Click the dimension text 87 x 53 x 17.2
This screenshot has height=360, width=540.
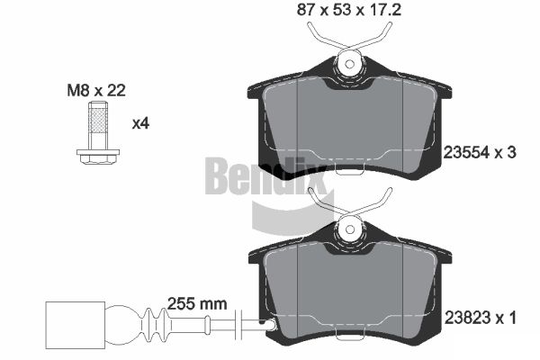(349, 10)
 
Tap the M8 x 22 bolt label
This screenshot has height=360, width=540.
(96, 91)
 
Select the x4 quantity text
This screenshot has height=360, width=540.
(141, 123)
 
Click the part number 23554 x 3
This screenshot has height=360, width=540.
(480, 152)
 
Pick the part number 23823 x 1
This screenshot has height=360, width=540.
(480, 318)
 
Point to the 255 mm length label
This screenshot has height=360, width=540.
(197, 304)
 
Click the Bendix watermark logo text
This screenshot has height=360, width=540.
(265, 176)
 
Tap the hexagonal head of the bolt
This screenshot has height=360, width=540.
(98, 159)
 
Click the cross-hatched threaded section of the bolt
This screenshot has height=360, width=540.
(98, 121)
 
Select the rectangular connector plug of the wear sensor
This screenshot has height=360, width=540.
(75, 326)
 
